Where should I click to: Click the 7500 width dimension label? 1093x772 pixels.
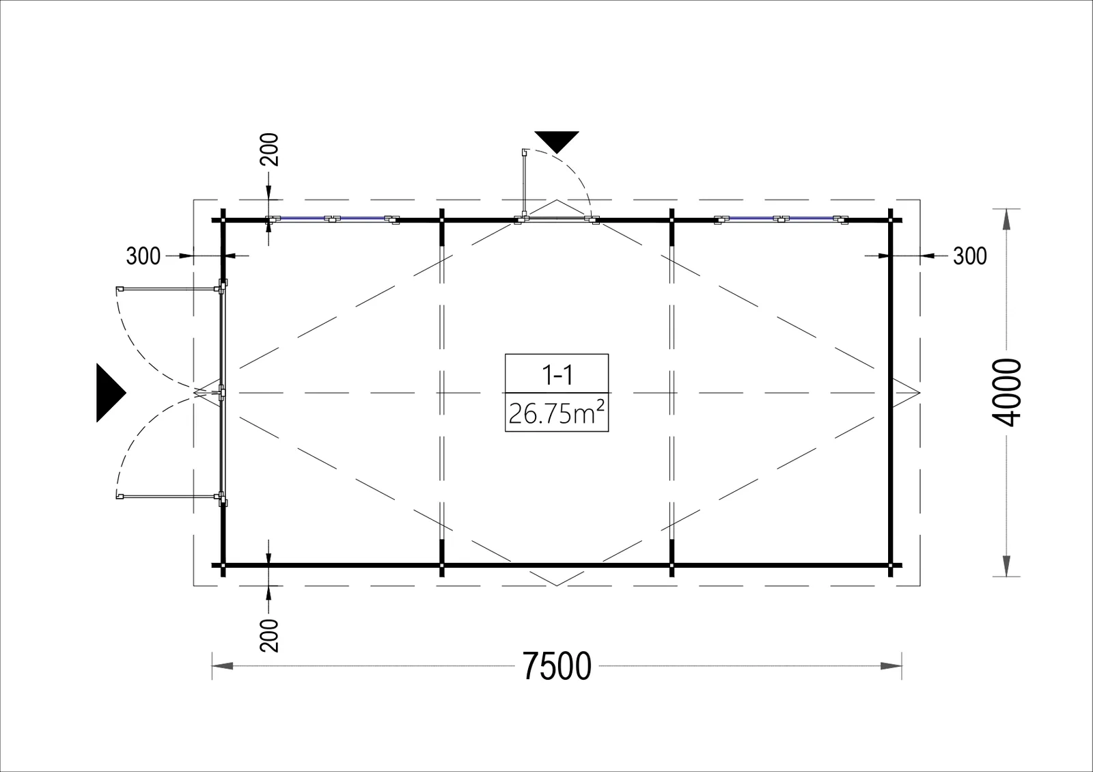click(x=557, y=666)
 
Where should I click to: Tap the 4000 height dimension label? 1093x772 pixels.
click(x=1006, y=392)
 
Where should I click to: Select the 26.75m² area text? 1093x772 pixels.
click(x=557, y=413)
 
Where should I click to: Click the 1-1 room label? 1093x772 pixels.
click(x=557, y=375)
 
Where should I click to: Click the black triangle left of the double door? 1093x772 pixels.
click(x=109, y=392)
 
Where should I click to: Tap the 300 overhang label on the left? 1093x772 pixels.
click(x=143, y=256)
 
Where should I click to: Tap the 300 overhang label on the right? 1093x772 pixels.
click(x=970, y=256)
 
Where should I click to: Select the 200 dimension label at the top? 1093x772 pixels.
click(x=269, y=150)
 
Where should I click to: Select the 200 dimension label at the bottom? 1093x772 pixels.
click(x=269, y=636)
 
